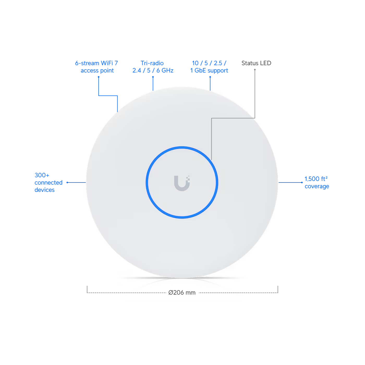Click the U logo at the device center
pyautogui.click(x=182, y=183)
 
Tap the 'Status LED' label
pyautogui.click(x=256, y=63)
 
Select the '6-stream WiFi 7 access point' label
pyautogui.click(x=97, y=67)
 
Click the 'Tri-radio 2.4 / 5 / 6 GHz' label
pyautogui.click(x=153, y=67)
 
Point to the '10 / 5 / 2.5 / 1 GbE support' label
pyautogui.click(x=209, y=67)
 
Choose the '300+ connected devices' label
pyautogui.click(x=48, y=182)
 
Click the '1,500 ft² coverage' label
pyautogui.click(x=317, y=182)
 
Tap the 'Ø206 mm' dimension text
pyautogui.click(x=182, y=293)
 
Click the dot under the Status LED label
pyautogui.click(x=255, y=70)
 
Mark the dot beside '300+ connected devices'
pyautogui.click(x=68, y=182)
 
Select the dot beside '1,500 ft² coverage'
pyautogui.click(x=302, y=182)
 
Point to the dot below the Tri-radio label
pyautogui.click(x=153, y=77)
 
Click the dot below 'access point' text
pyautogui.click(x=99, y=77)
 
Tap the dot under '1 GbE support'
pyautogui.click(x=210, y=77)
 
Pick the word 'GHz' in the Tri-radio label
pyautogui.click(x=167, y=70)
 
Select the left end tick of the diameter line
pyautogui.click(x=87, y=289)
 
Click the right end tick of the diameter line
pyautogui.click(x=278, y=289)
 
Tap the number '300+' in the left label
pyautogui.click(x=42, y=175)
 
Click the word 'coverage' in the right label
pyautogui.click(x=317, y=186)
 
